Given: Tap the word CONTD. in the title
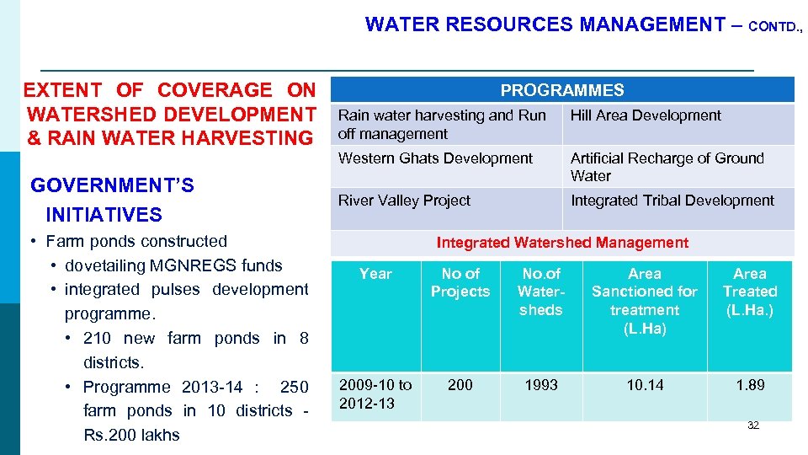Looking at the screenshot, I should coord(774,27).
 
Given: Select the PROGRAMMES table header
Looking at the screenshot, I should coord(562,90).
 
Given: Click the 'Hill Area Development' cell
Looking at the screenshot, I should coord(646,115).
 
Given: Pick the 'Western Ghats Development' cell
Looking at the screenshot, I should coord(435,158).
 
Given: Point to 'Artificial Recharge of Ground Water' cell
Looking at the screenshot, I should coord(667,167).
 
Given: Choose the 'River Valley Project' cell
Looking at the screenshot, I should coord(404,201).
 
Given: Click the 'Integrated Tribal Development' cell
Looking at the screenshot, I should coord(672,201).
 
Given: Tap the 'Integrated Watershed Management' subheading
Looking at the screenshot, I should coord(562,243).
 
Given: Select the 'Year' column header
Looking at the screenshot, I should coord(375,274).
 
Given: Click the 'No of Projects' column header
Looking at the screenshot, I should coord(460,283).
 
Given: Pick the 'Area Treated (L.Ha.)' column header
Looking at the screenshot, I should coord(749,292).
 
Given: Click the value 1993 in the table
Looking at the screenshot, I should coord(540,385).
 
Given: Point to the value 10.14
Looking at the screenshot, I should coord(645,385).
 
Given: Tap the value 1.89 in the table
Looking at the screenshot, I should coord(749,385).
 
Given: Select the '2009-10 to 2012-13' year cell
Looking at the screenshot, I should coord(375,393).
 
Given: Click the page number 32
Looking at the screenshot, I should coord(752,426).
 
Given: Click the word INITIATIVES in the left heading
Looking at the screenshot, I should coord(104,215).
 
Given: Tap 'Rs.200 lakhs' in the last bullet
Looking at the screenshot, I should coord(131,436).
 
